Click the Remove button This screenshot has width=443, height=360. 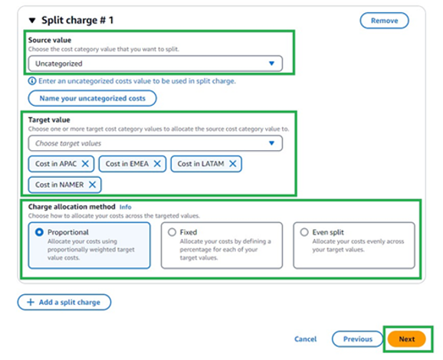coord(384,21)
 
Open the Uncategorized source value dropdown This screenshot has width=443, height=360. coord(155,64)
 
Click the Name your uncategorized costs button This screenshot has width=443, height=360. coord(92,98)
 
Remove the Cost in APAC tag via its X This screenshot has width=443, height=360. coord(85,164)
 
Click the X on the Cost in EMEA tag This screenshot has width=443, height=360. coord(157,164)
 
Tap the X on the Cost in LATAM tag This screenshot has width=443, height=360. coord(232,164)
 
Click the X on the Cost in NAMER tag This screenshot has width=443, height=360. coord(92,185)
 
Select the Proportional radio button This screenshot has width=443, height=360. coord(39,232)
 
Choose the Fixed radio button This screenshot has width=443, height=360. coord(172,232)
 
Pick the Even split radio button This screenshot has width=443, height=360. coord(304,232)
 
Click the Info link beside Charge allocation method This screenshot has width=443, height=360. coord(126,207)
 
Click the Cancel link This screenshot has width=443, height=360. coord(305,339)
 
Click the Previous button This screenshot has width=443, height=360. coord(357,339)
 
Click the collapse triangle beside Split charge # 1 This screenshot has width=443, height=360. coord(32,20)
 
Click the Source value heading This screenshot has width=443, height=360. coord(51,40)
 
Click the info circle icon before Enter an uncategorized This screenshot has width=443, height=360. coord(31,81)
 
